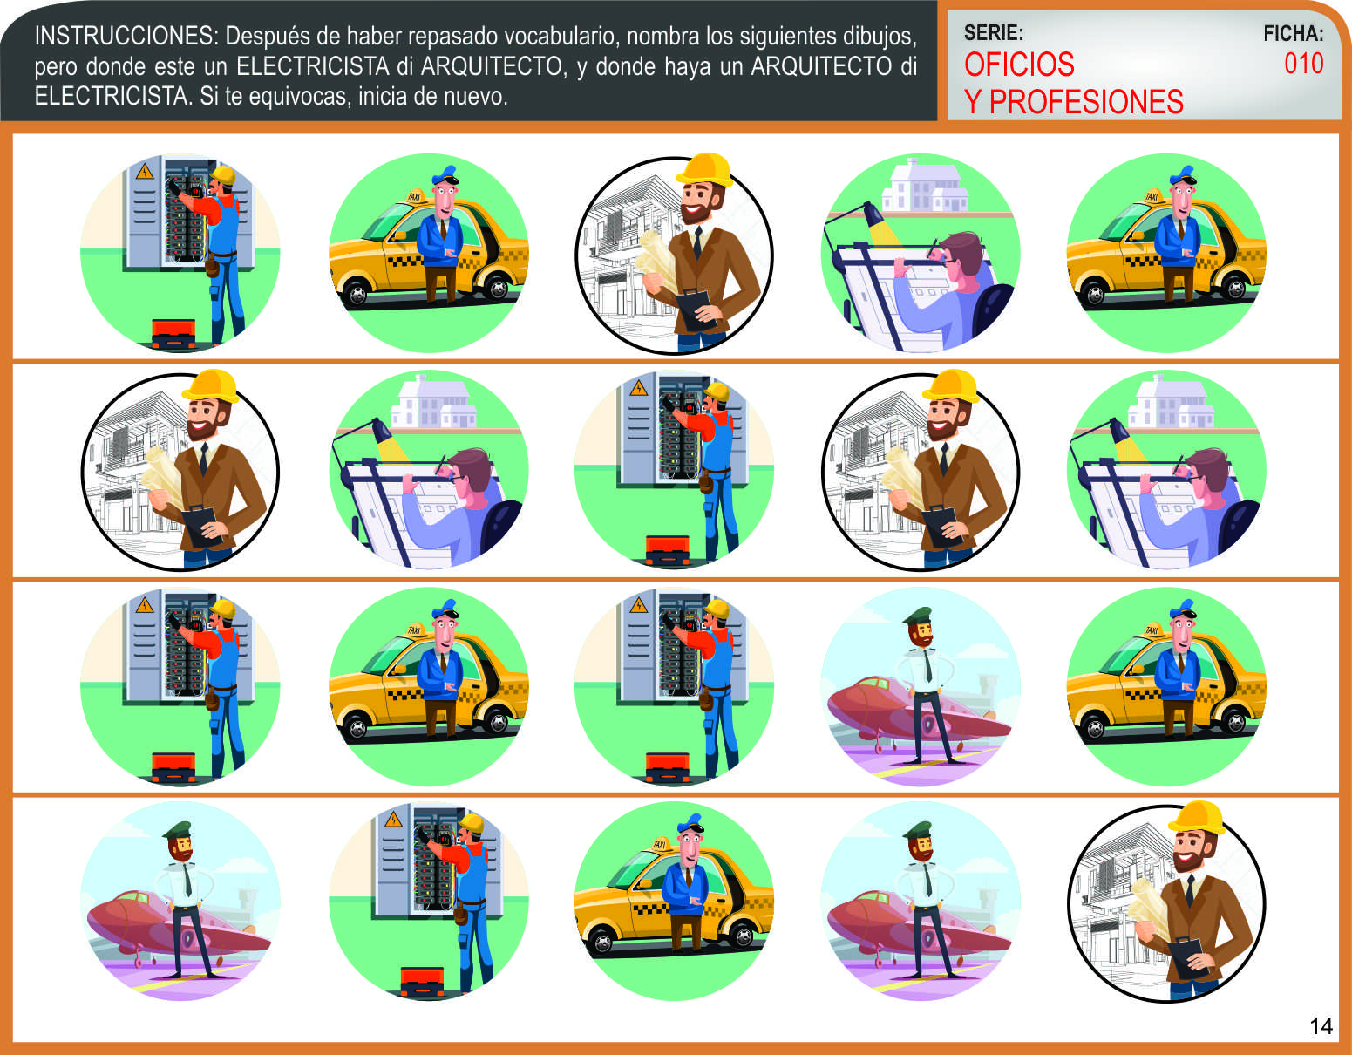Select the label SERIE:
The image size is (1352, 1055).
(x=993, y=32)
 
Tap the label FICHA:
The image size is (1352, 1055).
(x=1293, y=33)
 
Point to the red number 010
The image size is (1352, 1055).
(x=1303, y=64)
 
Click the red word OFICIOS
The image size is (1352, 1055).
(x=1019, y=64)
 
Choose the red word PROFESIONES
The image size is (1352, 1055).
(x=1086, y=102)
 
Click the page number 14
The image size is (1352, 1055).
(x=1321, y=1025)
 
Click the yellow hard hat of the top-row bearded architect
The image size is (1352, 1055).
(x=703, y=169)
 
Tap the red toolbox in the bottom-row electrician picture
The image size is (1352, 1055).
(x=422, y=981)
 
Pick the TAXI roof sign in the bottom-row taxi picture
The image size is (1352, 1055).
(x=659, y=844)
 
